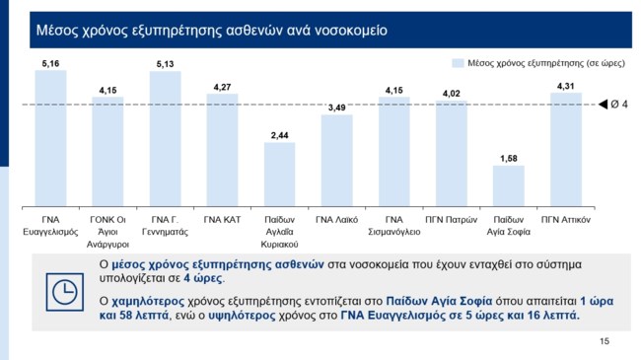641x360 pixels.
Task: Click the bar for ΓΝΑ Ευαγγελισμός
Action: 50,134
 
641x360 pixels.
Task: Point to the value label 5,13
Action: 165,64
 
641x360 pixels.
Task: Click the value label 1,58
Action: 508,158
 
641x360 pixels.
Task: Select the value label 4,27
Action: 222,87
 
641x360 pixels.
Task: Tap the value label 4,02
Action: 451,93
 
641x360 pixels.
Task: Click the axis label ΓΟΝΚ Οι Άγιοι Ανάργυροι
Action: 107,224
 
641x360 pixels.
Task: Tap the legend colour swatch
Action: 458,62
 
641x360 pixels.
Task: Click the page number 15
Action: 605,340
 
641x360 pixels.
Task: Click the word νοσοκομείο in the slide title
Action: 348,30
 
